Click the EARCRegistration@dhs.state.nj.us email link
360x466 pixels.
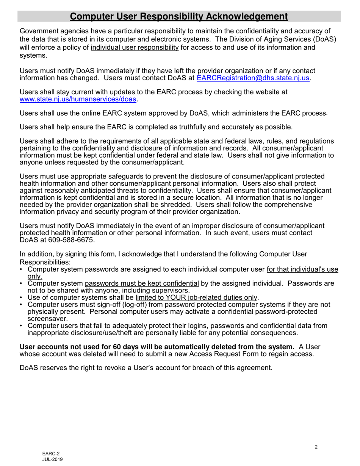tap(254, 78)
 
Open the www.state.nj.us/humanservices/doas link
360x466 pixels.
tap(77, 99)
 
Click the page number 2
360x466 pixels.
tap(316, 447)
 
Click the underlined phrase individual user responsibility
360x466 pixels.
tap(135, 48)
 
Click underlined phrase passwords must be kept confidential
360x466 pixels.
tap(142, 283)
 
